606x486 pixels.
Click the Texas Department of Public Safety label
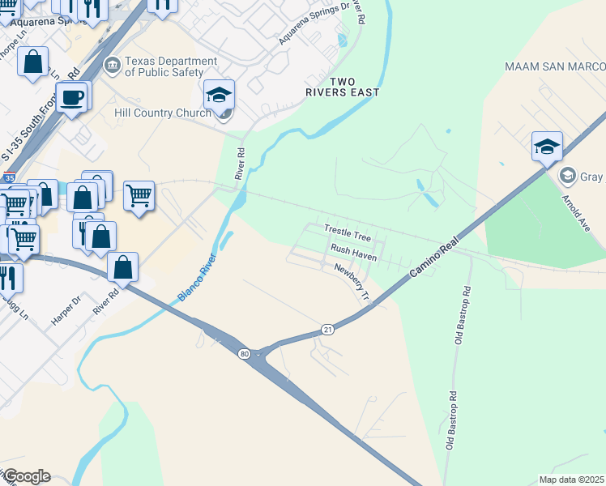point(171,66)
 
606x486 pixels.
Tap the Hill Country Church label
point(163,113)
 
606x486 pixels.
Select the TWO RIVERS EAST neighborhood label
point(354,87)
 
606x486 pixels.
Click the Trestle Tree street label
point(347,233)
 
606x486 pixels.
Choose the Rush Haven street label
point(349,251)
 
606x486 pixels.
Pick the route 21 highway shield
point(327,330)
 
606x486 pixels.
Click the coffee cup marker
point(72,97)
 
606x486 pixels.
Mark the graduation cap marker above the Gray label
point(547,147)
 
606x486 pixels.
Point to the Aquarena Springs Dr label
point(314,23)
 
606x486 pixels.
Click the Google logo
point(26,476)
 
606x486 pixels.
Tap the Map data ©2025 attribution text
point(570,480)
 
